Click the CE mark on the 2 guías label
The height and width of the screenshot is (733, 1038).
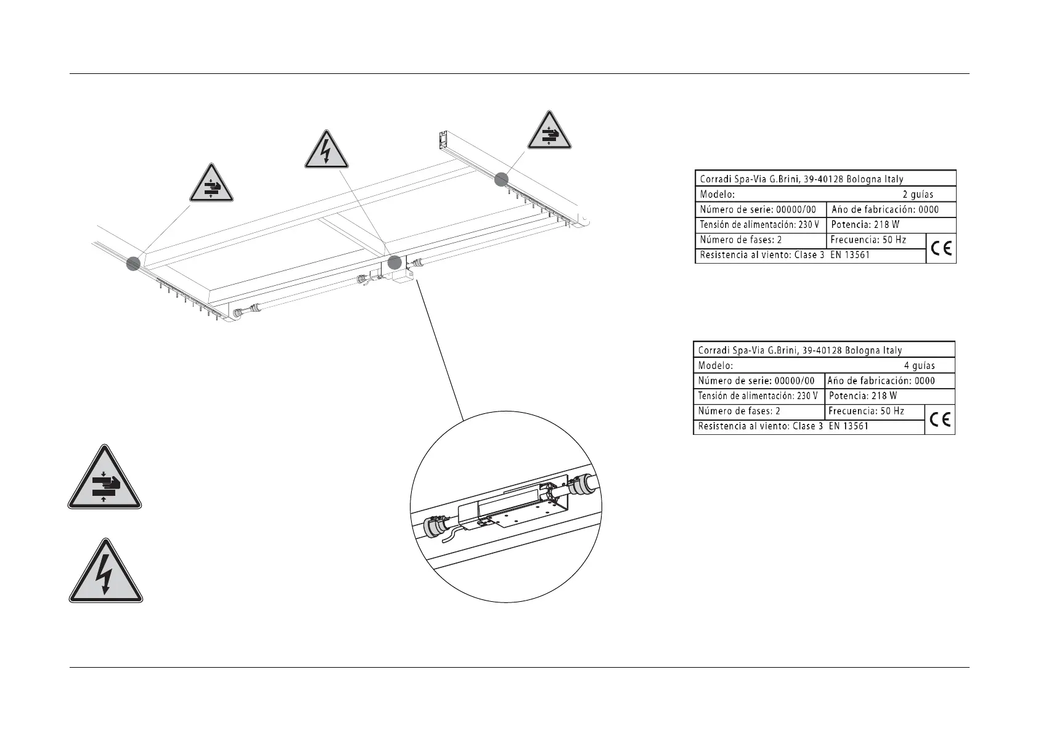(x=941, y=248)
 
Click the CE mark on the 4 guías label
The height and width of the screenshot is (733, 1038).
(x=940, y=419)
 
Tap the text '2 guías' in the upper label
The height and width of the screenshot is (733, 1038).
(x=918, y=194)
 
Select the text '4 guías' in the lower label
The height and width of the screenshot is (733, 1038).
(x=919, y=365)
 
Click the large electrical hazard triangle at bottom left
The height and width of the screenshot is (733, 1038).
(x=105, y=573)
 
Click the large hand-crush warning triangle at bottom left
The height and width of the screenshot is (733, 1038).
(x=105, y=480)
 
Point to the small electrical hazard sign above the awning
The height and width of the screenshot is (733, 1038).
(x=327, y=152)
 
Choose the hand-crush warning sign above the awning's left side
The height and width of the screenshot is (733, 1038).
(x=211, y=185)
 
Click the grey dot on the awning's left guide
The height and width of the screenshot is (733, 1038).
(x=134, y=264)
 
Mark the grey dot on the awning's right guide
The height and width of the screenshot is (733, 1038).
(x=501, y=179)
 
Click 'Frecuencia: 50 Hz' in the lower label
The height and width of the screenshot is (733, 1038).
(x=866, y=411)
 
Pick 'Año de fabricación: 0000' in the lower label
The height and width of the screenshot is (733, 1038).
(x=881, y=381)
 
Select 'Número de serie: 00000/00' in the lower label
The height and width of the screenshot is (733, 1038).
(x=756, y=381)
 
